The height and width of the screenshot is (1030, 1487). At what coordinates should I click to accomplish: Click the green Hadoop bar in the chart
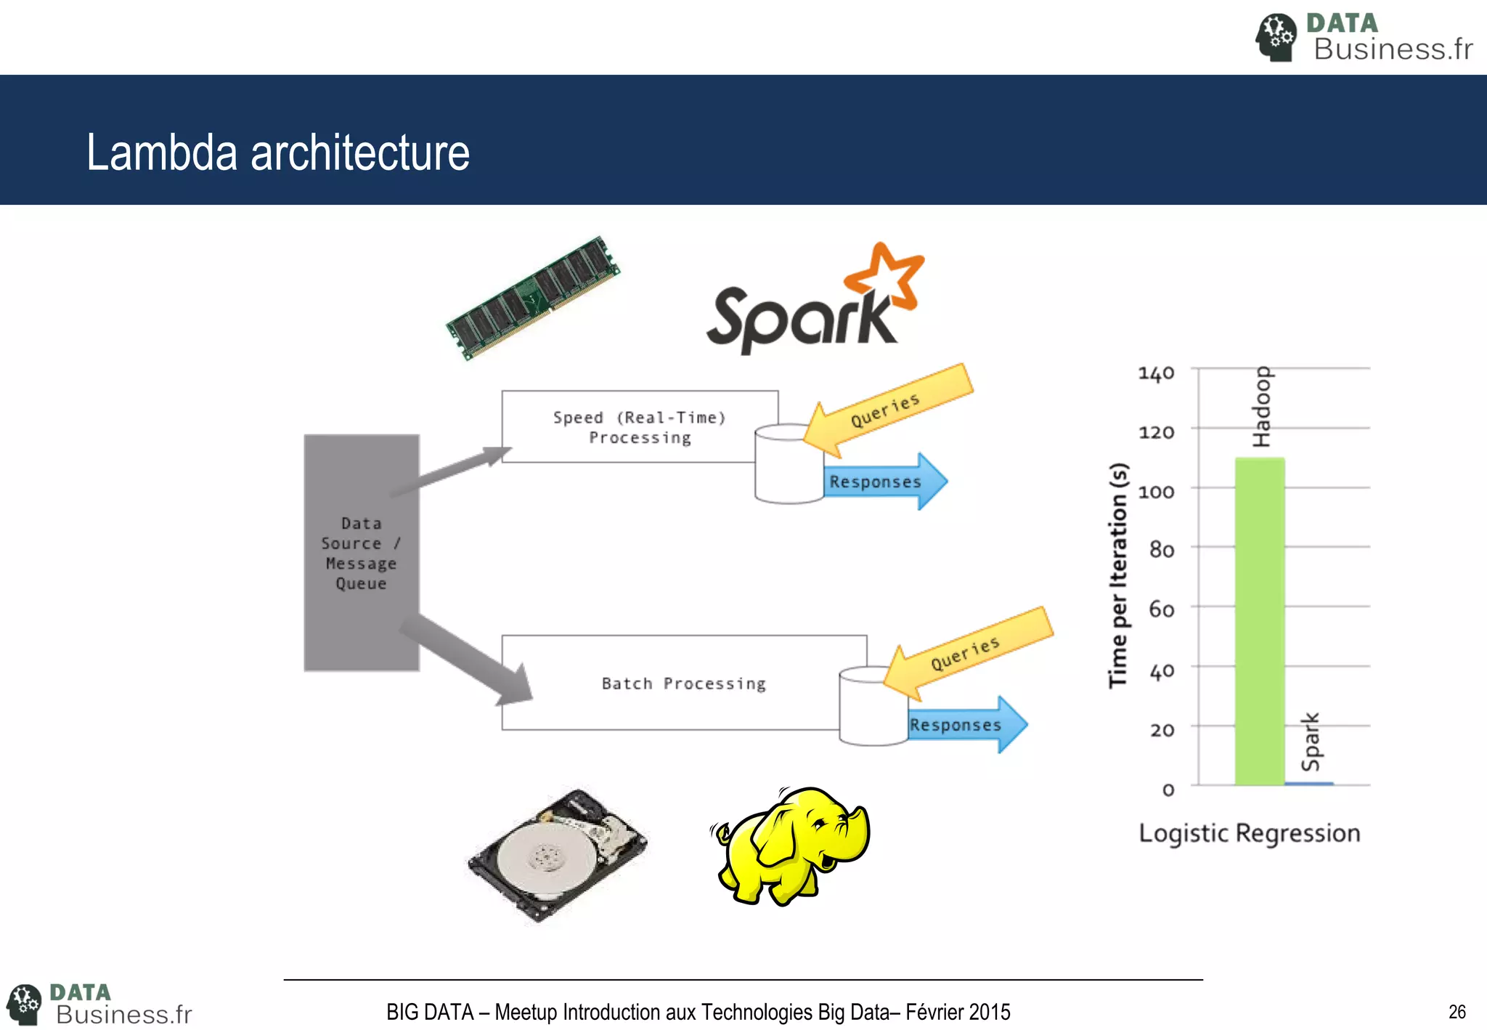(x=1260, y=621)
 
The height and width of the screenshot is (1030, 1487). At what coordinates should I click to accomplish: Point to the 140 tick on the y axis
(x=1156, y=373)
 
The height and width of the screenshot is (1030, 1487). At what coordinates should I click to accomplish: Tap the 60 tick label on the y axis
(x=1161, y=609)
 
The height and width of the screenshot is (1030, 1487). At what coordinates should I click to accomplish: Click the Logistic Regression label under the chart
(x=1249, y=833)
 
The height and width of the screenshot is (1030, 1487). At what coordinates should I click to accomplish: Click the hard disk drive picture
(x=556, y=856)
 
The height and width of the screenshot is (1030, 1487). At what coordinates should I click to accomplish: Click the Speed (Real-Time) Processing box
(x=639, y=427)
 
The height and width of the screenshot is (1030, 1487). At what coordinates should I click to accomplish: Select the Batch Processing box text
(x=683, y=684)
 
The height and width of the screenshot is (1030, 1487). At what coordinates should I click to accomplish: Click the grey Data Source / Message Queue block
(x=361, y=553)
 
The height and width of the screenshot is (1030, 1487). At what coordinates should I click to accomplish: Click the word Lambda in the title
(x=162, y=153)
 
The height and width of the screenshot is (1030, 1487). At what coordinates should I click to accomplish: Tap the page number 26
(x=1457, y=1012)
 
